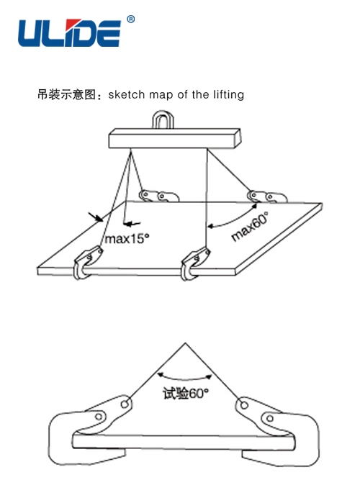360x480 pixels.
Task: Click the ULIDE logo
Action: (70, 33)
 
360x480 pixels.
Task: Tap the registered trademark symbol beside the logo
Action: (130, 19)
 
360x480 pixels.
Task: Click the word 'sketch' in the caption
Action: (126, 94)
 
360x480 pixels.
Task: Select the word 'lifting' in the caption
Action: (229, 95)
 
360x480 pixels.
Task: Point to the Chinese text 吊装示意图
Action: (66, 94)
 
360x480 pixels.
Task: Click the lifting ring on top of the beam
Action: (163, 119)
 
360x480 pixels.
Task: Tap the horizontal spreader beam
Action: (175, 139)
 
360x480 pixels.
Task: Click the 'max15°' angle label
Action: (127, 239)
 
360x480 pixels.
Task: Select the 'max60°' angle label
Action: (250, 226)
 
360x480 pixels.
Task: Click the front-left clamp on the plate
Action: (87, 263)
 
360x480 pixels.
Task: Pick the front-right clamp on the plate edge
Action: (194, 263)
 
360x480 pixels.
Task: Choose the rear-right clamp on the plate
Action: (267, 196)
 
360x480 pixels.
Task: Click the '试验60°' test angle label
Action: (186, 393)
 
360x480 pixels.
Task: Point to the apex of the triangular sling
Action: (185, 343)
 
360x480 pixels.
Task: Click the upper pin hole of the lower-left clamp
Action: (125, 404)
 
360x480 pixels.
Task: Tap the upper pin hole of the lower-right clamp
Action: (244, 405)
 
